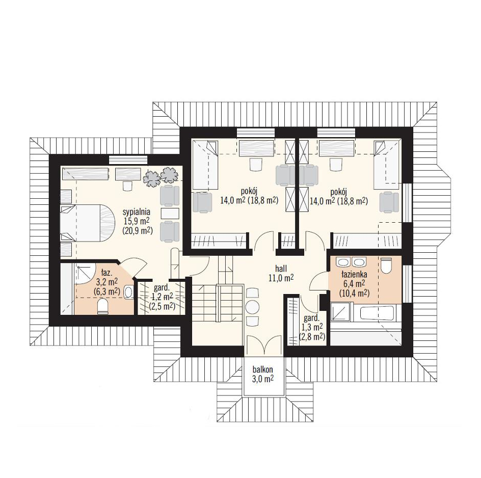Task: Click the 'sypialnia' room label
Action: [136, 211]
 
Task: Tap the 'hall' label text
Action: [281, 269]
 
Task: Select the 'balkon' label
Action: [262, 369]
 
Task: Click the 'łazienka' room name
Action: [354, 274]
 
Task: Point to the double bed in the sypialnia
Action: [88, 223]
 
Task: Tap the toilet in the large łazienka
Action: [386, 265]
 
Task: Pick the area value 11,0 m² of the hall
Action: [281, 278]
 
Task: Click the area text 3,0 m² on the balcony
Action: [263, 379]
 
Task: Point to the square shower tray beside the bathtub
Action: [340, 312]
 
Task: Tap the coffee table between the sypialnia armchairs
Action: [170, 214]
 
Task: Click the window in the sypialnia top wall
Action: [128, 160]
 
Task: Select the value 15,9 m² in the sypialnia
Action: [137, 221]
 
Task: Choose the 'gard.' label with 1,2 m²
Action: [162, 288]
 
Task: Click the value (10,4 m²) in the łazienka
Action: [354, 293]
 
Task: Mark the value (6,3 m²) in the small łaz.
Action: [107, 291]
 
